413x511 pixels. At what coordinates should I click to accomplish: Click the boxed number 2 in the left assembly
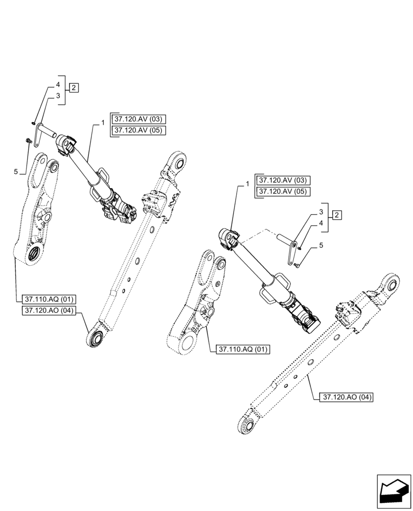tap(74, 87)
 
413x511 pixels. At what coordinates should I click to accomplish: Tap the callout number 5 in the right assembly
tap(321, 246)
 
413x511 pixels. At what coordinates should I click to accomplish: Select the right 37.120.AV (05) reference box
tap(284, 191)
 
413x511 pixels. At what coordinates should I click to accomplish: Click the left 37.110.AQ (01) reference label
tap(49, 299)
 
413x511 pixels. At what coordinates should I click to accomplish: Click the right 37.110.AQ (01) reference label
tap(243, 350)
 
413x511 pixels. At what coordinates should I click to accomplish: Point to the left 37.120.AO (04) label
tap(49, 311)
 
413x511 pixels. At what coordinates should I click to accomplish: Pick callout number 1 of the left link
tap(103, 123)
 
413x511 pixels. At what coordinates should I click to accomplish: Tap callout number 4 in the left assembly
tap(58, 84)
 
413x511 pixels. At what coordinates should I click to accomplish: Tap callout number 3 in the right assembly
tap(321, 212)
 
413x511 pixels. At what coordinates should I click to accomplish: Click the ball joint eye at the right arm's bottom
tap(246, 426)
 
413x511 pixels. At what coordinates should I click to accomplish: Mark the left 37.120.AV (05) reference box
tap(138, 130)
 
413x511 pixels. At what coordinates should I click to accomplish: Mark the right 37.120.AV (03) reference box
tap(284, 181)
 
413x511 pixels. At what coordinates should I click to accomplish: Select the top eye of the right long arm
tap(390, 286)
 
